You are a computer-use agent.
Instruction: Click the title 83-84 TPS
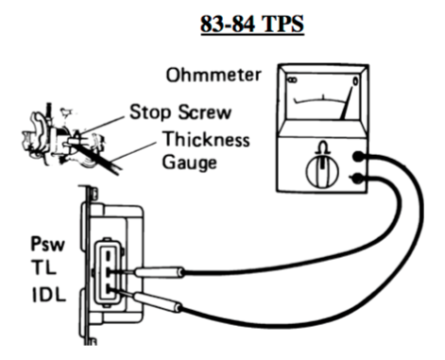tap(252, 24)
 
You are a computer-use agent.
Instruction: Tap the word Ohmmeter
tap(214, 75)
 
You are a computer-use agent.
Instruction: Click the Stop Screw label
tap(180, 111)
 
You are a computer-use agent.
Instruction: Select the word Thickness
tap(206, 139)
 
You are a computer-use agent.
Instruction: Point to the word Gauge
tap(190, 163)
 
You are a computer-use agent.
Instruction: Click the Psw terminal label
tap(47, 244)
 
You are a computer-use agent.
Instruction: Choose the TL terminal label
tap(43, 267)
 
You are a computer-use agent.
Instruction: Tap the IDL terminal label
tap(49, 295)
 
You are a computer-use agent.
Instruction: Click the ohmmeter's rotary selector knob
tap(322, 172)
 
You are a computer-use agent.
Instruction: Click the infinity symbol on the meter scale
tap(293, 80)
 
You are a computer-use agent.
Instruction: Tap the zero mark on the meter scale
tap(355, 81)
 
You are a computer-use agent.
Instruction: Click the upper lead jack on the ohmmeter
tap(357, 156)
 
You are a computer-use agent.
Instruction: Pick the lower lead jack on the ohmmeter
tap(357, 179)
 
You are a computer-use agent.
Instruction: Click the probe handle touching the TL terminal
tap(160, 272)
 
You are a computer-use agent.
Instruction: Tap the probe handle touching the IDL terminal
tap(158, 302)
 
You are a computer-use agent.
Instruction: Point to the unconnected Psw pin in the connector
tap(108, 255)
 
